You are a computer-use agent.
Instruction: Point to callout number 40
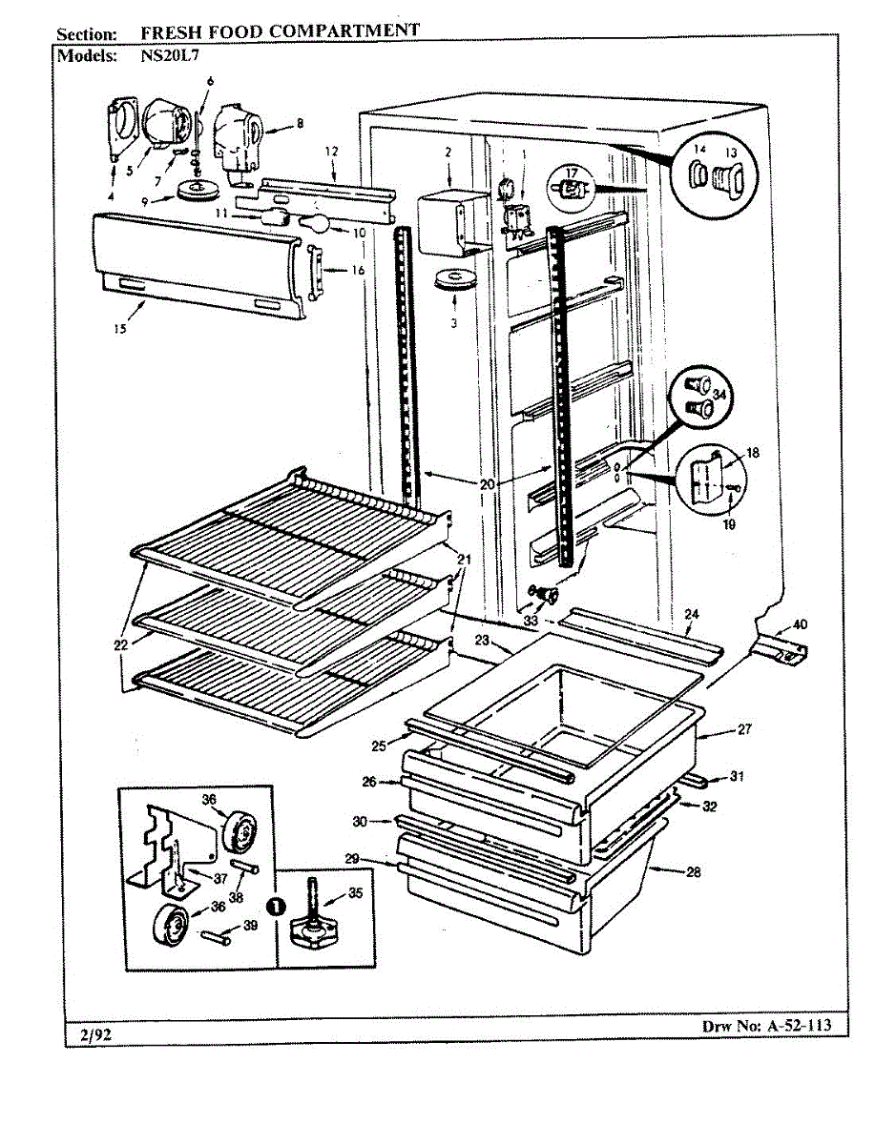tap(800, 625)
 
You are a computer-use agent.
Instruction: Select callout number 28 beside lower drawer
tap(694, 872)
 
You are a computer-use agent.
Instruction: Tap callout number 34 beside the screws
tap(719, 395)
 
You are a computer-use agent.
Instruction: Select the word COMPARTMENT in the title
tap(344, 31)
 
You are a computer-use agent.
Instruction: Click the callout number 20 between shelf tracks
tap(488, 484)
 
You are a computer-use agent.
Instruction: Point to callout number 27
tap(745, 730)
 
